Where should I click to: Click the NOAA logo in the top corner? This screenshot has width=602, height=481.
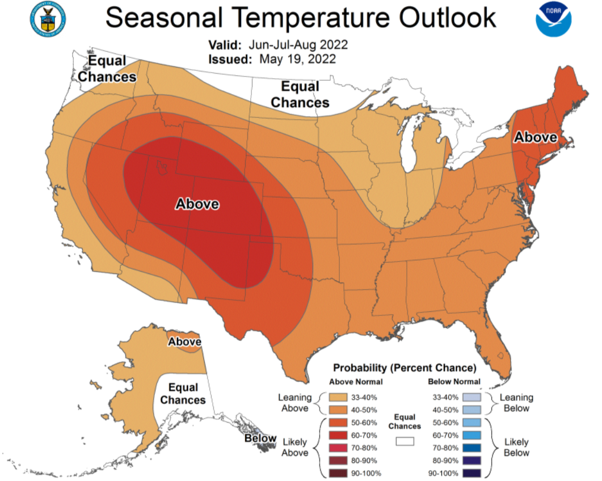tap(553, 20)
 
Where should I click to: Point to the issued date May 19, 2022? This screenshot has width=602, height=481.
tap(297, 60)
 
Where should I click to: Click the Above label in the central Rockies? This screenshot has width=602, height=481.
tap(197, 204)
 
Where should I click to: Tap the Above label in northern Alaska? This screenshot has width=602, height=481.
tap(185, 342)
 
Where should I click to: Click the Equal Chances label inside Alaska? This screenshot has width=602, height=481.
tap(183, 394)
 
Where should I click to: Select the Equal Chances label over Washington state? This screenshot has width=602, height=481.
tap(107, 69)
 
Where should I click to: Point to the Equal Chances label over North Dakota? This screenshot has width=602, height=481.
tap(300, 95)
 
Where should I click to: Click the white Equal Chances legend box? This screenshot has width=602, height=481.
tap(405, 440)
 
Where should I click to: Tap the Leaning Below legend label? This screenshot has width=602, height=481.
tap(516, 403)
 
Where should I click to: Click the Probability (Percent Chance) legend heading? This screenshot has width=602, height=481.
tap(405, 368)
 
